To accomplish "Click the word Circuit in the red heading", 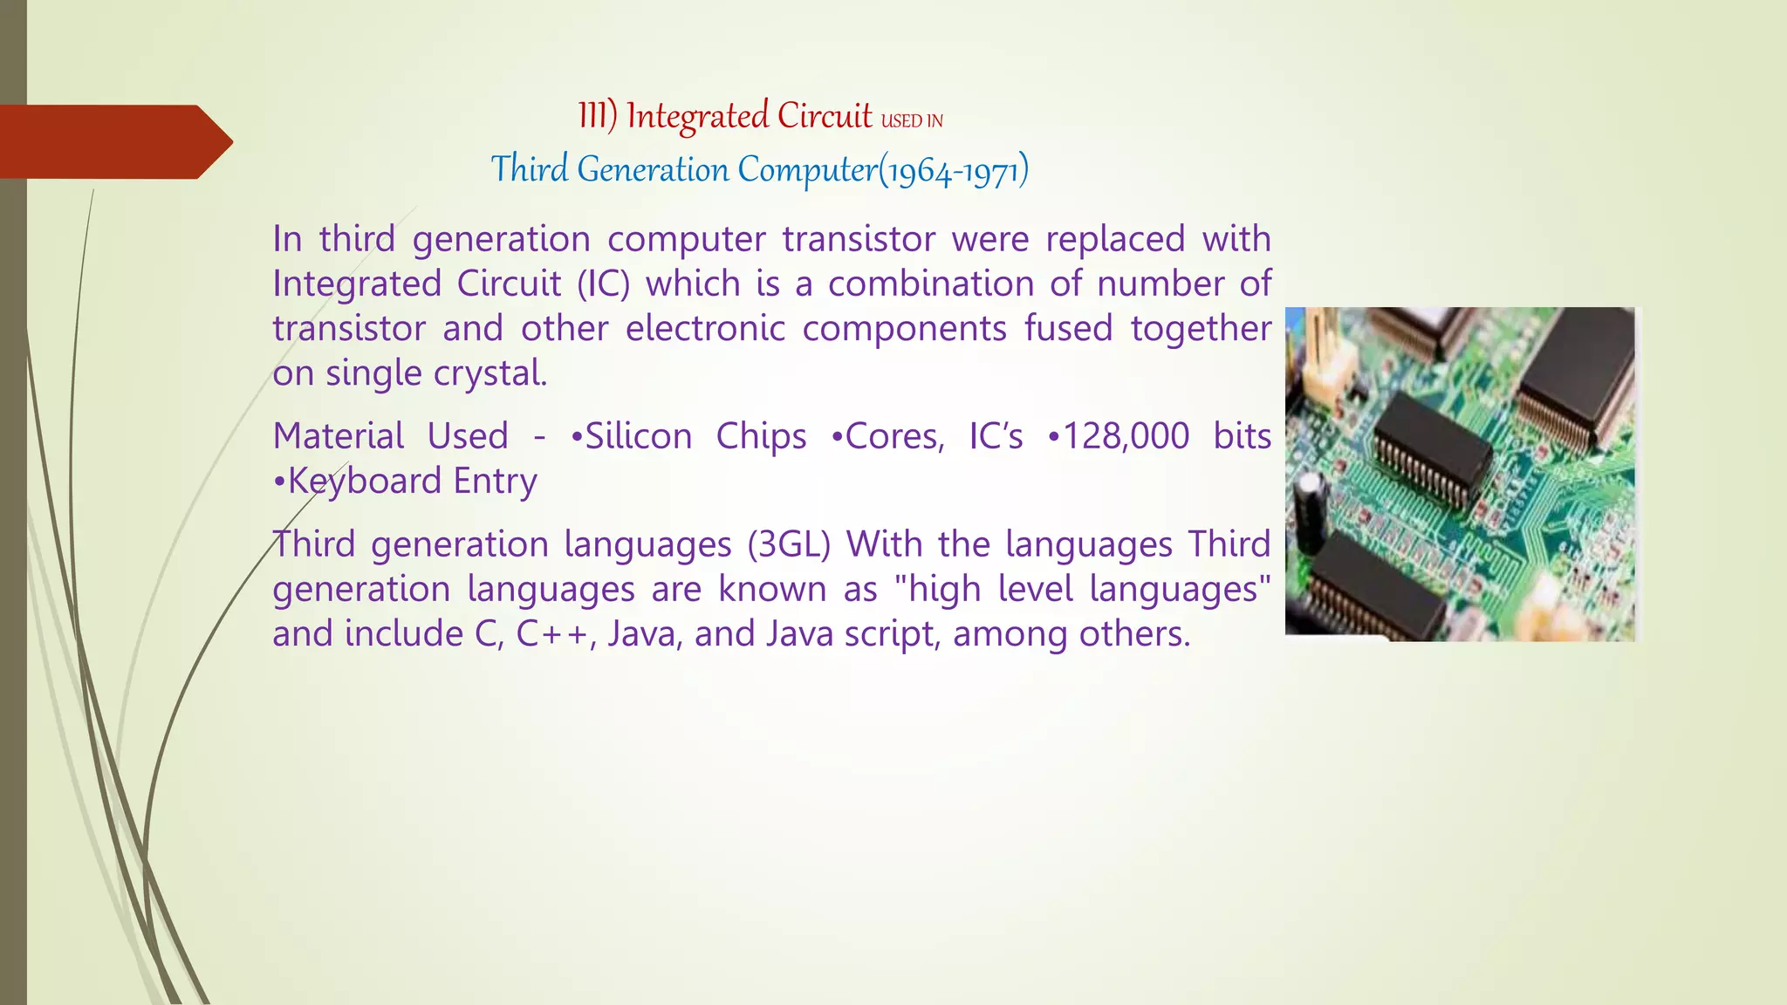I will click(825, 116).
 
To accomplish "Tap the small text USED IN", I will click(912, 121).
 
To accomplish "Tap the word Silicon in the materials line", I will click(638, 436).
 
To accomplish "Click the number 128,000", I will click(1126, 436).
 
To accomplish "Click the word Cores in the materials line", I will click(893, 436).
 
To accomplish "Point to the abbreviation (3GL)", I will click(789, 544).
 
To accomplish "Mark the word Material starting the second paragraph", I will click(339, 436).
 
